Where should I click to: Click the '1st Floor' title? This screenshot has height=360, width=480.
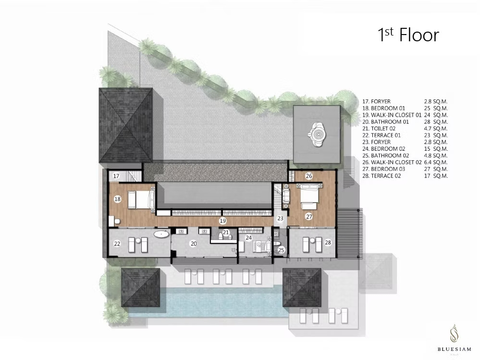point(408,35)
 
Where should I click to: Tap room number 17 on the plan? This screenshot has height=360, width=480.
point(116,176)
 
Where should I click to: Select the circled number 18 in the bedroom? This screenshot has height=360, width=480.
point(117,199)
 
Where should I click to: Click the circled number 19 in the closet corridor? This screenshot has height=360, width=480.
point(222,220)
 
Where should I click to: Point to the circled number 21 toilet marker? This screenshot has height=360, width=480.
point(226,232)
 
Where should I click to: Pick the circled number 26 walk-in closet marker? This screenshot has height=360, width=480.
point(309,176)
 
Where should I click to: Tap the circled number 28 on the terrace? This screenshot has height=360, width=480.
point(328,242)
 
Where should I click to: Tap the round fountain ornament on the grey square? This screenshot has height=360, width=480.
point(317,134)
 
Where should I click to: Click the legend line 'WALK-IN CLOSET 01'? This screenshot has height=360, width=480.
point(392,115)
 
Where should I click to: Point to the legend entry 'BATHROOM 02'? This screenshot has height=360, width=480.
point(385,156)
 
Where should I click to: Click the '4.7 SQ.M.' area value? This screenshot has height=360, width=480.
point(436,129)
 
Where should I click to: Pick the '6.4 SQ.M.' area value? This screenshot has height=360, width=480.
point(436,162)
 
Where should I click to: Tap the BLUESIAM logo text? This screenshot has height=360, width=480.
point(454,349)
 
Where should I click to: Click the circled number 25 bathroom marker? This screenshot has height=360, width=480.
point(281,250)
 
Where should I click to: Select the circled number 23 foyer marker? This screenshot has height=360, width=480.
point(281,218)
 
